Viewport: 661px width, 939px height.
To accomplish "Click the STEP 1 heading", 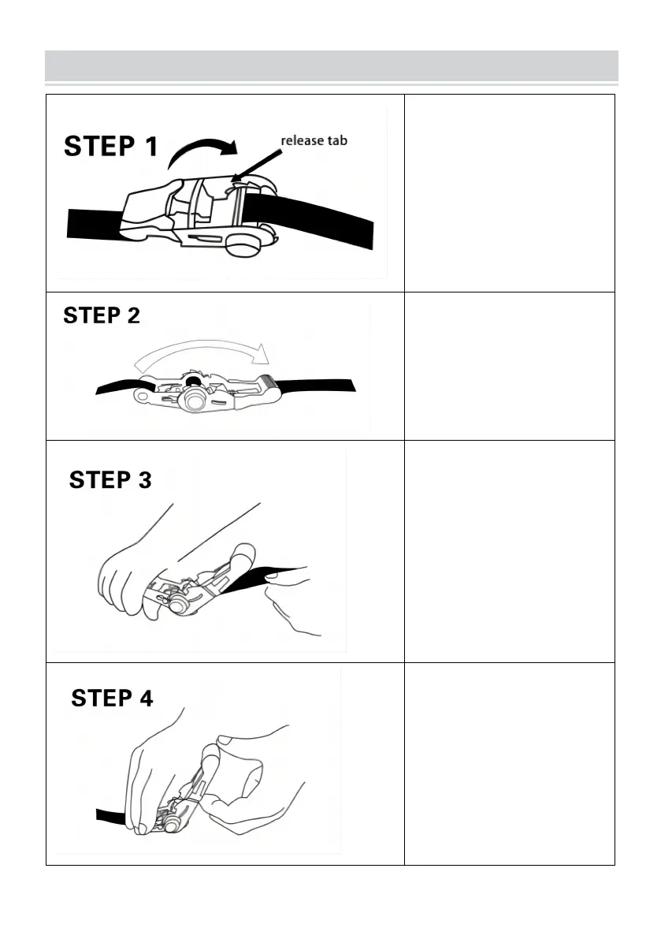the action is point(111,147).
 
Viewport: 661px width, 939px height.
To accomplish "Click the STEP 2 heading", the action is point(102,315).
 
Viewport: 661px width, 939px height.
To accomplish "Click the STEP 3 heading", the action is point(110,479).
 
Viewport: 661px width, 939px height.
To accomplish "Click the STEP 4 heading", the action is point(113,698).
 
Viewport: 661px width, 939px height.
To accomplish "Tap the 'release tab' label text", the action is point(314,140).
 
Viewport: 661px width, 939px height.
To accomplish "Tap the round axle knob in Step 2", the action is point(195,399).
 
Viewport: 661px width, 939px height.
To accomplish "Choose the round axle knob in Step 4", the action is point(172,825).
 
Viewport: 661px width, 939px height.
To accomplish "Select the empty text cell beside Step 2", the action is point(510,367).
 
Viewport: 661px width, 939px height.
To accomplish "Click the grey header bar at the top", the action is point(332,65).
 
